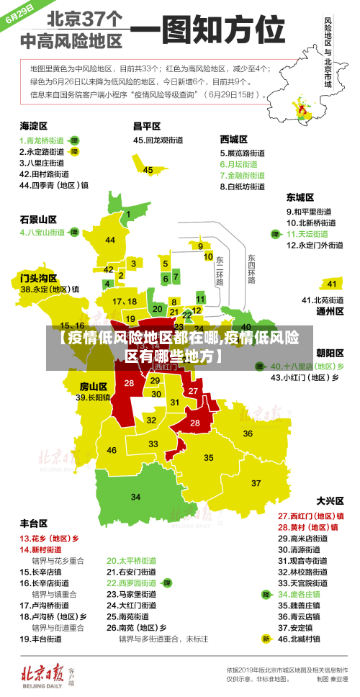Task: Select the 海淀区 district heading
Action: tap(34, 125)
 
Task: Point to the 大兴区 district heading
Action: tap(330, 500)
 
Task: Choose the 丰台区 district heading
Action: tap(34, 523)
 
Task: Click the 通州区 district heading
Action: tap(330, 312)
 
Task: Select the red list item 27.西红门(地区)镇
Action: tap(311, 516)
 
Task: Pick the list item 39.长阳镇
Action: tap(93, 397)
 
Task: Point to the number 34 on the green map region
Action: tap(135, 496)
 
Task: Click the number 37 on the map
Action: tap(256, 482)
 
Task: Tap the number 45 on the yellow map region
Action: tap(148, 170)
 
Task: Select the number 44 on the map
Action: tap(110, 240)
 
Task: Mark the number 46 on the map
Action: tap(112, 450)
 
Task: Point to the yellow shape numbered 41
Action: tap(330, 283)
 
